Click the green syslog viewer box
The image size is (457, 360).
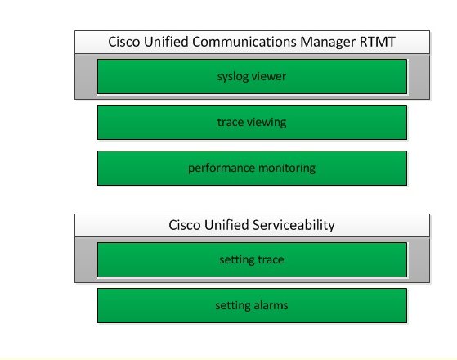point(252,76)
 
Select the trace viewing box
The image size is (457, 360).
point(252,122)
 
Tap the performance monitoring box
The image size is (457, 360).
point(252,168)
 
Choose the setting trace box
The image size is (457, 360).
point(252,259)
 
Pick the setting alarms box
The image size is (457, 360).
point(252,305)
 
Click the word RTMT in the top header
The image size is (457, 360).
point(378,42)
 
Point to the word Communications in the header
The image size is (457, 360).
point(244,42)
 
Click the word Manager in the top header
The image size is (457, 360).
point(328,43)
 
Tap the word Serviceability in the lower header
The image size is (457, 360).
point(293,226)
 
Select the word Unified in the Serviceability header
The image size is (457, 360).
point(226,225)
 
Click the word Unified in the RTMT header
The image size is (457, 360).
point(166,42)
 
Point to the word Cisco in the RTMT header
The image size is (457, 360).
point(124,42)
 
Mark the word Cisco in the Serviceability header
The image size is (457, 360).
point(185,225)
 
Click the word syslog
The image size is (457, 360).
point(232,77)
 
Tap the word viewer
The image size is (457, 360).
point(269,76)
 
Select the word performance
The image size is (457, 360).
point(222,169)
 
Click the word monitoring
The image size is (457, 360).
point(287,169)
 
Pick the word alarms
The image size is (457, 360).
point(271,305)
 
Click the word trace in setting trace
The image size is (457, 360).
point(271,260)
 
